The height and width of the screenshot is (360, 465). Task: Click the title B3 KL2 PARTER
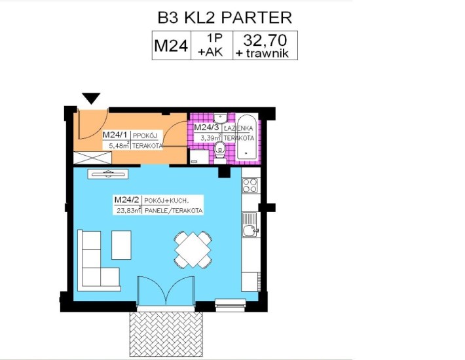point(225,18)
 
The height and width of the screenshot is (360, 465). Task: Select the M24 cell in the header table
point(172,46)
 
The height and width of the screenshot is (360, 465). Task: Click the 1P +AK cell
point(212,46)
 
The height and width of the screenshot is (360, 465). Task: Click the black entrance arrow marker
point(91,98)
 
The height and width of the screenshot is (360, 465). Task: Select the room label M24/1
point(115,135)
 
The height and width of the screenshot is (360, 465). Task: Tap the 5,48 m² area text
point(119,145)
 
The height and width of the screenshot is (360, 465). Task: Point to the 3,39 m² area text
point(211,137)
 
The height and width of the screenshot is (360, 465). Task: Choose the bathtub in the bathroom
point(247,137)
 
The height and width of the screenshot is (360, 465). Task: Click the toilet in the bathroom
point(220,153)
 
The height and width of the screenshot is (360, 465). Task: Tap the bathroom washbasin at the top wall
point(220,118)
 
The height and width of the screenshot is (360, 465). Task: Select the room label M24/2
point(127,200)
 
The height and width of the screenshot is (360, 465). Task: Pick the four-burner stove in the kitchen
point(250,185)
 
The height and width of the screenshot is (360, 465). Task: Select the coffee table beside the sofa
point(121,245)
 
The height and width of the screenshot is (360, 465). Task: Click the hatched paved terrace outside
point(166,334)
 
